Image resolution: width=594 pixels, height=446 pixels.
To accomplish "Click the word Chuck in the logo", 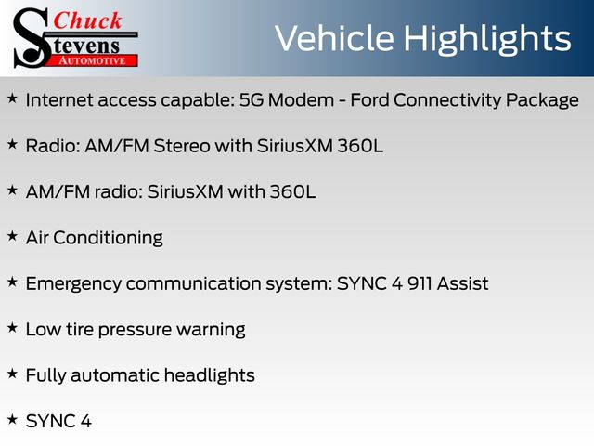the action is [87, 20].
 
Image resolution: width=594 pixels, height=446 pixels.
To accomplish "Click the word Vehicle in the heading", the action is [334, 38].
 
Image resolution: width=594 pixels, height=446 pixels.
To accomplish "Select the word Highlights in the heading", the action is [486, 39].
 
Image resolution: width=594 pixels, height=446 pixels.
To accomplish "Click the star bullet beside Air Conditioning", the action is [12, 236].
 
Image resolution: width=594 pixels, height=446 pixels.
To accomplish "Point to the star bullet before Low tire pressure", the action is [12, 328].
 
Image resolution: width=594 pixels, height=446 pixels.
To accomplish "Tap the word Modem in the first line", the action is [301, 100].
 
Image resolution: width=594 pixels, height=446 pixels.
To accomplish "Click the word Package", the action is [542, 101].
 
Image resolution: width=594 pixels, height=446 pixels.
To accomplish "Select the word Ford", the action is [369, 100].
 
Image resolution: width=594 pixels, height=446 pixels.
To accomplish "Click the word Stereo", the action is [182, 147].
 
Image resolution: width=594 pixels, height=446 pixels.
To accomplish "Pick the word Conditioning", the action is [108, 239].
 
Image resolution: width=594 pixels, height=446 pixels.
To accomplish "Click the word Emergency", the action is [73, 284].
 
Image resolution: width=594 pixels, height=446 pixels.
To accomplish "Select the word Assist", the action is [462, 284].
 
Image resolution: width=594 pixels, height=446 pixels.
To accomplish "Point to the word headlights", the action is [210, 375].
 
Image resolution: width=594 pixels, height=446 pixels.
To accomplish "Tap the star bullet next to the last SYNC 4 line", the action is [12, 420].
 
